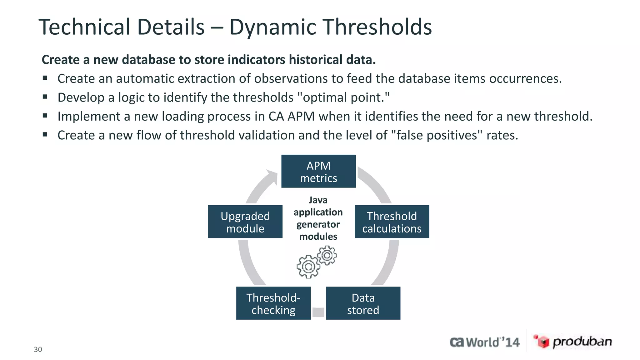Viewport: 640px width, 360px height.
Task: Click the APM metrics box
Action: (x=318, y=171)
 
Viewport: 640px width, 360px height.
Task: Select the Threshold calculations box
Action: (x=392, y=222)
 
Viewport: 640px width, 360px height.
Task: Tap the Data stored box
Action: (x=363, y=303)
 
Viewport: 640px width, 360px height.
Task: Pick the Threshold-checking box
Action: (x=273, y=303)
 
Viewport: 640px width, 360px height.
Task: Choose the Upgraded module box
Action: (x=245, y=222)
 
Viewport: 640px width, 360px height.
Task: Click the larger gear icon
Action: (x=308, y=267)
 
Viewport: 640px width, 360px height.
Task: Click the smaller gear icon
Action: (x=327, y=255)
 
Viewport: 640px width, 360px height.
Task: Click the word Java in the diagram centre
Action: (x=318, y=200)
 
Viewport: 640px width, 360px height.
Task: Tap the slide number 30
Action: (x=38, y=349)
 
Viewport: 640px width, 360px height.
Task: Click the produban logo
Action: (x=572, y=342)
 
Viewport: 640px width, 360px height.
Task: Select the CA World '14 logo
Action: (x=484, y=342)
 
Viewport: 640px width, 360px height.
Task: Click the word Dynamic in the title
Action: (x=273, y=27)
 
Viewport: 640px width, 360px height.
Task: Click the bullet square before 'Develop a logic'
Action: (x=45, y=97)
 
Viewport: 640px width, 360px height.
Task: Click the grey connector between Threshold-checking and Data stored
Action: (x=318, y=312)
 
